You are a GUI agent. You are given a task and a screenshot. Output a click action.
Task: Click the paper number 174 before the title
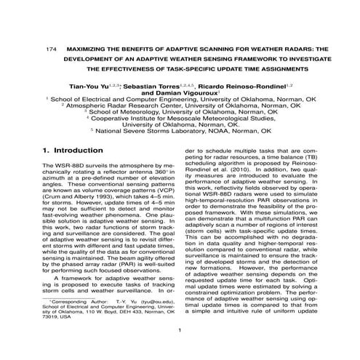50,48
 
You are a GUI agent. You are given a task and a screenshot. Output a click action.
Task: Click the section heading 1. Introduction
69,152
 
